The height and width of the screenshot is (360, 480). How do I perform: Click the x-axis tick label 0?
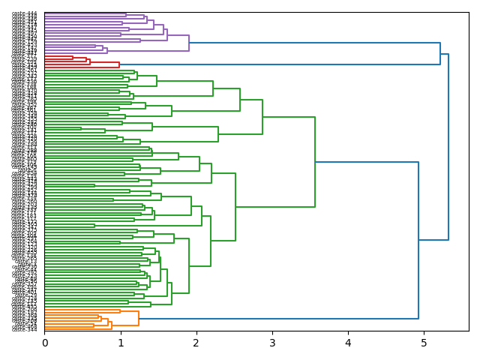tap(45, 343)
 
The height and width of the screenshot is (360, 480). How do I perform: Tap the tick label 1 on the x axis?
tap(121, 343)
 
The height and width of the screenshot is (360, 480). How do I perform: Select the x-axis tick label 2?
tap(196, 343)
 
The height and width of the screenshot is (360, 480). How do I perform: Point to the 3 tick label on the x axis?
tap(272, 343)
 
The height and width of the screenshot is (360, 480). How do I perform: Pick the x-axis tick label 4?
tap(348, 343)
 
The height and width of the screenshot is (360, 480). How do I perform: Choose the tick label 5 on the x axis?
tap(424, 343)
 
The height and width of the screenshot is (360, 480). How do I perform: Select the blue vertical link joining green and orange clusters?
tap(418, 240)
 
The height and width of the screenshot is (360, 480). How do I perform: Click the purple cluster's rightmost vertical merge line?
tap(189, 43)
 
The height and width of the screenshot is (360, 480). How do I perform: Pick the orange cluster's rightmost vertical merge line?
tap(139, 319)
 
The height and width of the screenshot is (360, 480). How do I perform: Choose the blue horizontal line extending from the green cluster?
tap(367, 162)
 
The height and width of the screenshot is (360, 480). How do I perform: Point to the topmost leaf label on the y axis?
tap(25, 13)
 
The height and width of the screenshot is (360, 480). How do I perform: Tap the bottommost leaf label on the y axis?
tap(25, 330)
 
